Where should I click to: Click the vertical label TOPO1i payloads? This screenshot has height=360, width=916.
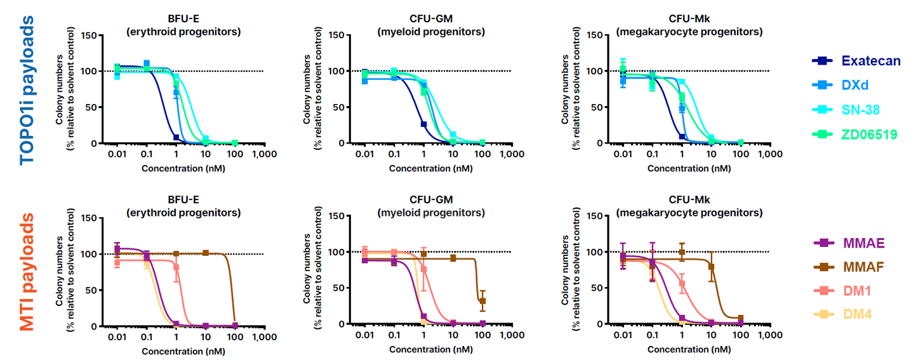27,90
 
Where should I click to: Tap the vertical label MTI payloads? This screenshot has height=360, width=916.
27,272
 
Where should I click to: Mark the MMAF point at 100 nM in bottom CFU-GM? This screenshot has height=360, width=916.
482,301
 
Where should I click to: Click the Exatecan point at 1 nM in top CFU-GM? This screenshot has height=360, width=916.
423,124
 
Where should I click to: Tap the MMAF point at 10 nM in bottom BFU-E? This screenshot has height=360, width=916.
206,253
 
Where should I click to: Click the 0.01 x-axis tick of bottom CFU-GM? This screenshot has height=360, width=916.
364,334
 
